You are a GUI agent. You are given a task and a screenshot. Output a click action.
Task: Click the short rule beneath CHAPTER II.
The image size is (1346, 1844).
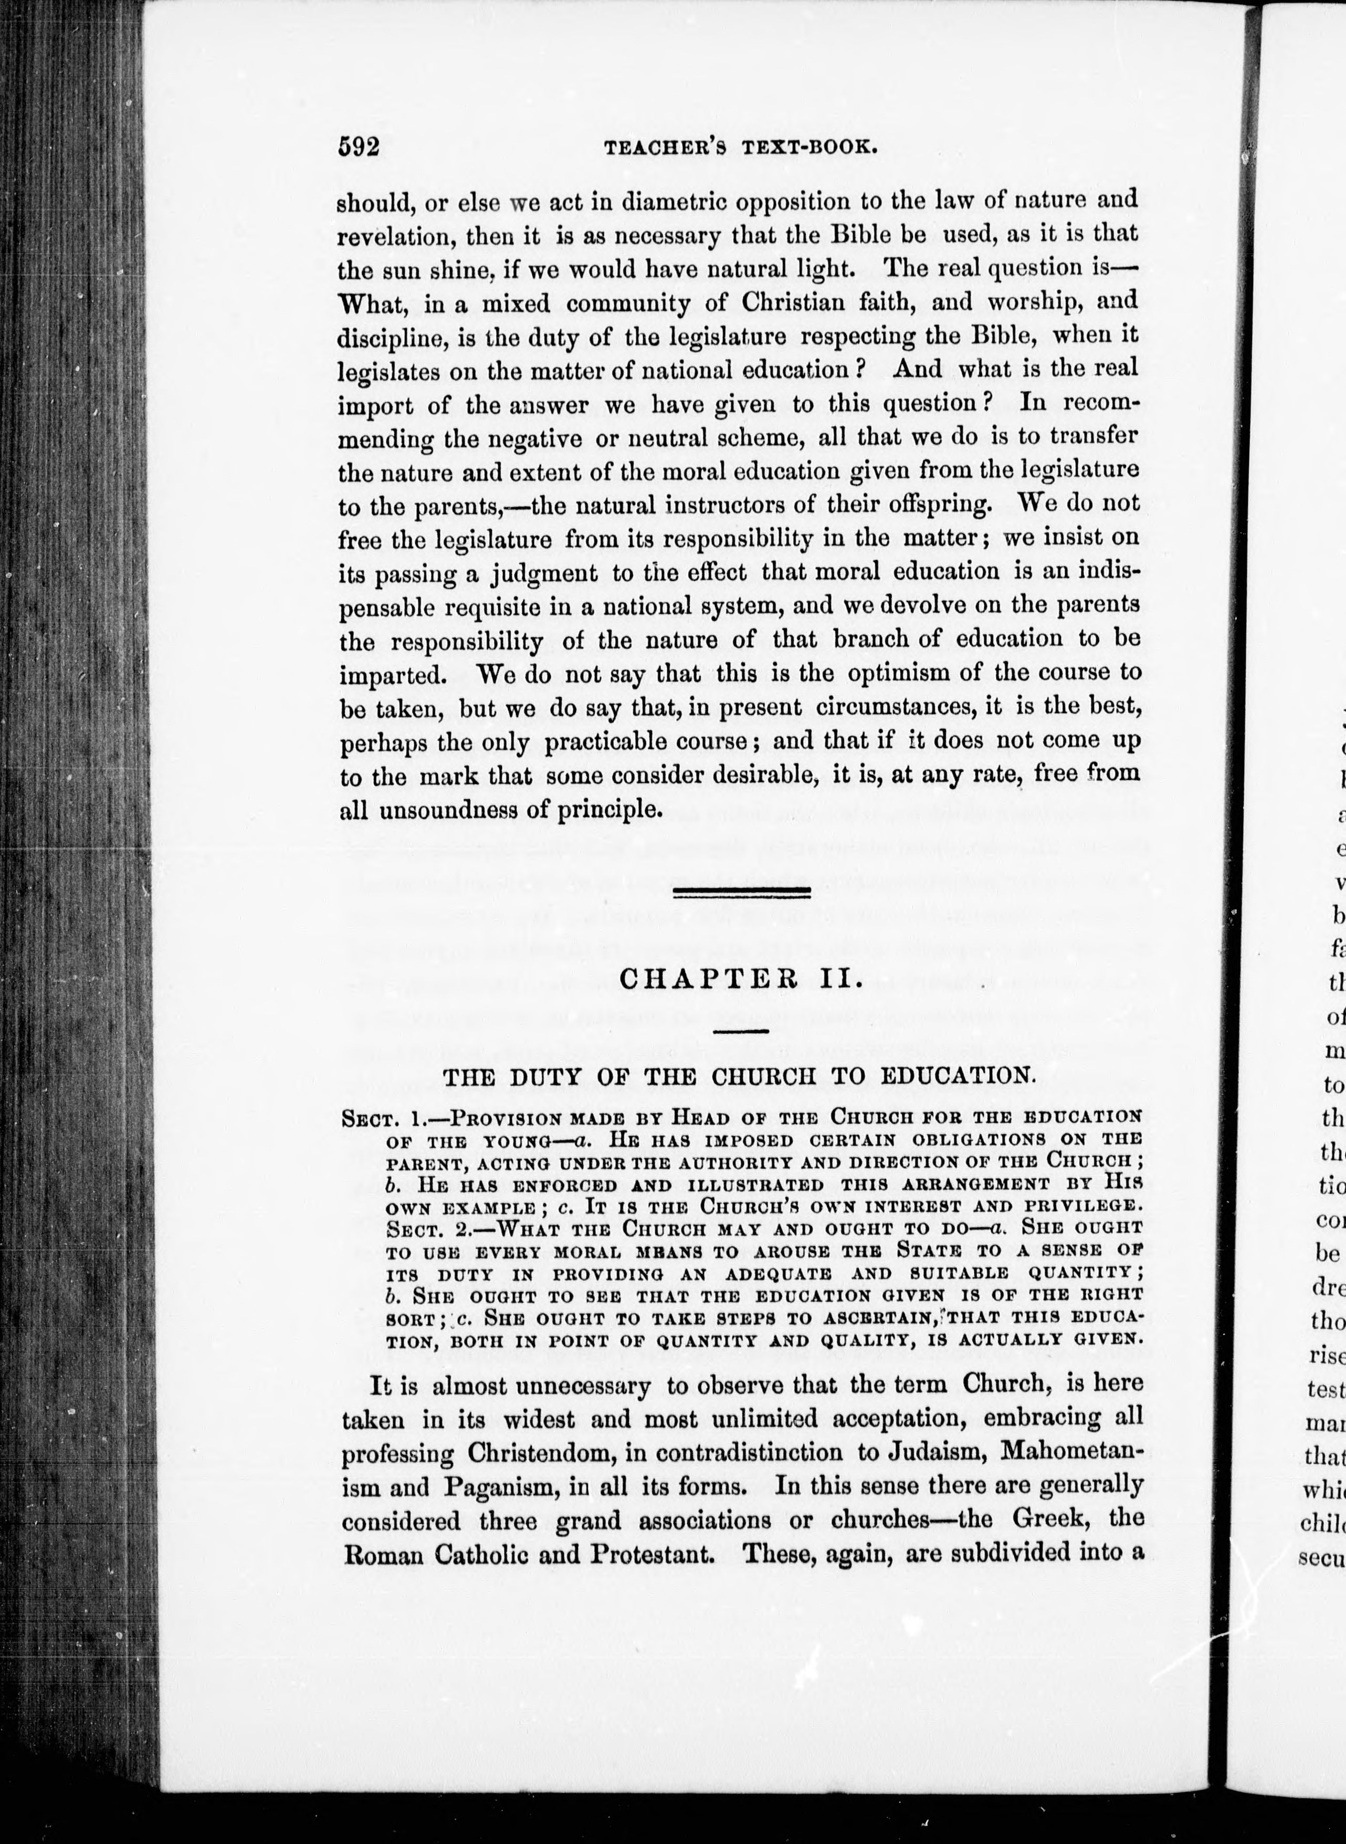coord(741,1032)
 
